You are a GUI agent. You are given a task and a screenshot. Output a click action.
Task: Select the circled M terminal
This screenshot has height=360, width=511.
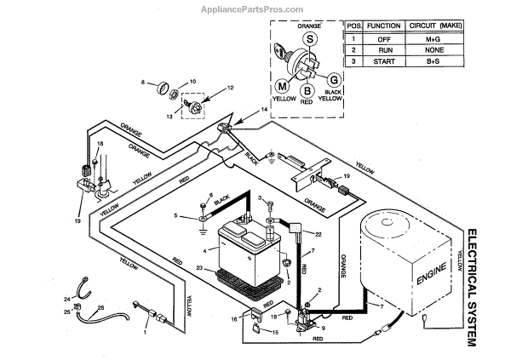283,86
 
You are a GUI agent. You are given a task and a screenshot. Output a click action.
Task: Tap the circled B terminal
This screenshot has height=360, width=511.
305,90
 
